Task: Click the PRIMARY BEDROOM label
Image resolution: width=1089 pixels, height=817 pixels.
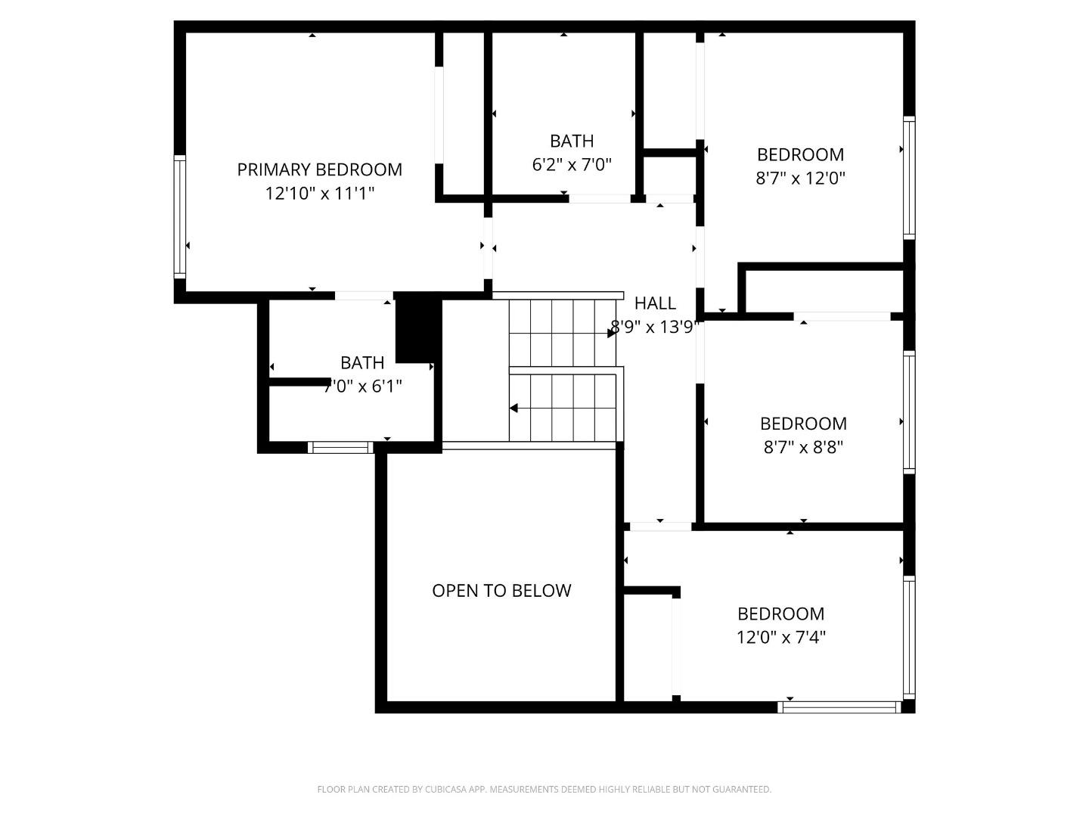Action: coord(319,169)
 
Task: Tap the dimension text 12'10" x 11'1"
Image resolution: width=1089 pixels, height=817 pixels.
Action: coord(319,194)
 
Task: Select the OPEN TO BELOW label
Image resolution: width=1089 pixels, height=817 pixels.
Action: coord(501,591)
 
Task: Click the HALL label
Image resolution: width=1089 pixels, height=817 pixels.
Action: coord(655,303)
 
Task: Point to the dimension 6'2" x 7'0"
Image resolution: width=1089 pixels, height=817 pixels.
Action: coord(572,165)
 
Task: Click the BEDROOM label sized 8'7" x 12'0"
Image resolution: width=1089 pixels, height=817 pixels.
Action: coord(800,154)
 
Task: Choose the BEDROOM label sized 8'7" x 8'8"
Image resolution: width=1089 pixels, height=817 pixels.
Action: coord(803,424)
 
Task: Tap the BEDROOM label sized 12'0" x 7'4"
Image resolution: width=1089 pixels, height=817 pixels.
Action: coord(780,614)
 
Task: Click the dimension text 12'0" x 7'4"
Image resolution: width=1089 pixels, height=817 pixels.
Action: coord(780,638)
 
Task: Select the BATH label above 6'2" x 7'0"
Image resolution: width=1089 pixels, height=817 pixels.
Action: coord(572,141)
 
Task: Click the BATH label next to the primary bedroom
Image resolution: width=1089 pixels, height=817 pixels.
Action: coord(362,362)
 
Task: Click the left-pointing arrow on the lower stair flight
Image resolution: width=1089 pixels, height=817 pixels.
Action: coord(513,408)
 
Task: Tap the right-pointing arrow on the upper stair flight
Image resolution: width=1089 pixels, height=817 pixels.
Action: coord(611,333)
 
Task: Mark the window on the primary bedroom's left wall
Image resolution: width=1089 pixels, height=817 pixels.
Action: coord(180,216)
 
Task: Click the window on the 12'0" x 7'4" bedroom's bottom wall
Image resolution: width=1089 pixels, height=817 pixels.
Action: coord(839,707)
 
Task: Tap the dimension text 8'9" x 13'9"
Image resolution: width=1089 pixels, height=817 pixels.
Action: coord(655,328)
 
